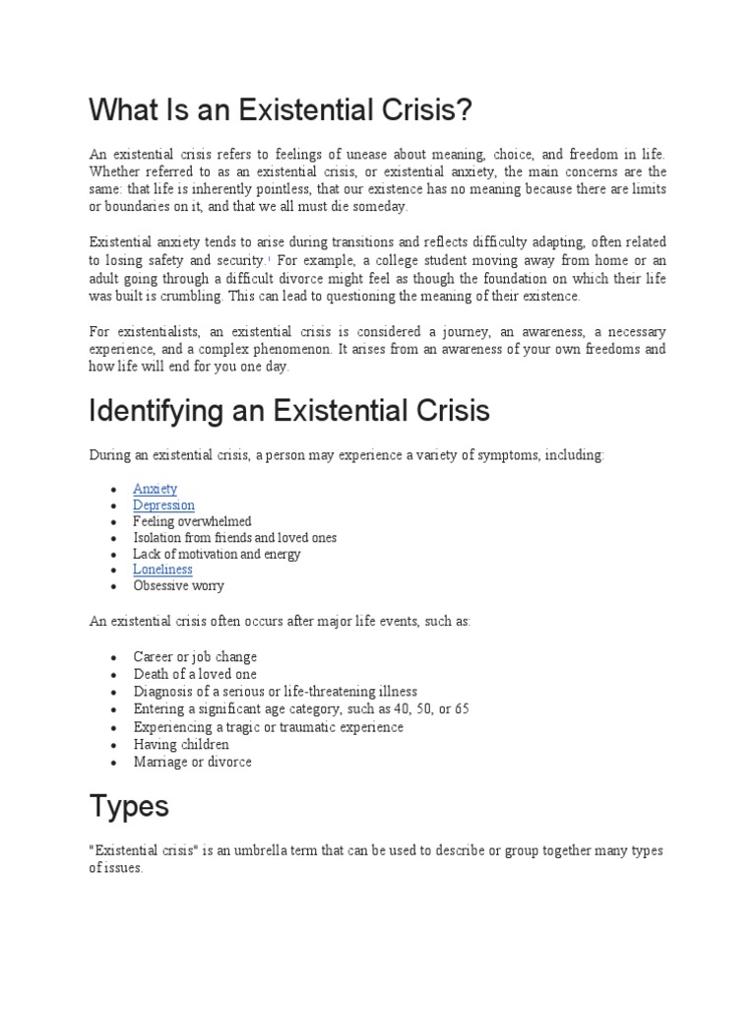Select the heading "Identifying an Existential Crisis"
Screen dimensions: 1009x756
(x=289, y=410)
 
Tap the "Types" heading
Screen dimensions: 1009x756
(x=129, y=806)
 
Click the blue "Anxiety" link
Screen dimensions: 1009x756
(x=156, y=490)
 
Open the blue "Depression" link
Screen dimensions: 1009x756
(x=164, y=505)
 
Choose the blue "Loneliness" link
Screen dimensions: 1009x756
(x=163, y=570)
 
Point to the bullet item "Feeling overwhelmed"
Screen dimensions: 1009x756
(x=193, y=521)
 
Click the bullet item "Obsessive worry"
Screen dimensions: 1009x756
(x=179, y=585)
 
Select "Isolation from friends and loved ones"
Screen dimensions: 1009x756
(x=235, y=538)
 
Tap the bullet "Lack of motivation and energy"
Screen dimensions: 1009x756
(x=218, y=554)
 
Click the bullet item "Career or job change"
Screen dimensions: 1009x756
(x=196, y=656)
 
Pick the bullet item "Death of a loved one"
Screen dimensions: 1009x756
(x=195, y=674)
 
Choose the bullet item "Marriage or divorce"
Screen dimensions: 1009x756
(x=193, y=762)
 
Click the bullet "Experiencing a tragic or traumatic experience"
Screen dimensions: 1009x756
(x=269, y=727)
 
